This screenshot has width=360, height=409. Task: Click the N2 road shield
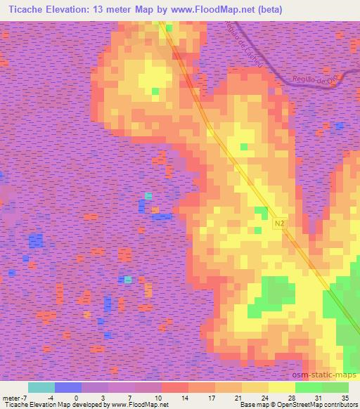[279, 221]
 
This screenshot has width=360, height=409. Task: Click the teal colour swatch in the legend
[41, 387]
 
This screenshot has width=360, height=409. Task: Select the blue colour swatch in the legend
[68, 387]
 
